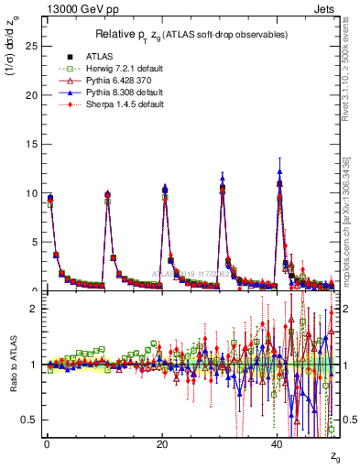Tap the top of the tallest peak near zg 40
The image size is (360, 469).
pos(279,170)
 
